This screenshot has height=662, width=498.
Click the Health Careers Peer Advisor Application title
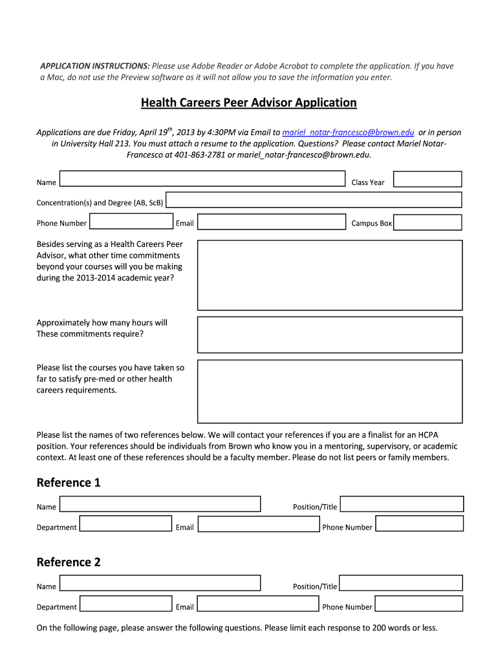[x=249, y=103]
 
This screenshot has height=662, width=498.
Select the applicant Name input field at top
[x=202, y=179]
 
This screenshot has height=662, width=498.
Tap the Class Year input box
[x=428, y=179]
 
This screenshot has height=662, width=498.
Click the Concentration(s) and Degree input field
[x=314, y=200]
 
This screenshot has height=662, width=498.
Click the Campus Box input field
[x=428, y=222]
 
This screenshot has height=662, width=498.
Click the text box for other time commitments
[x=330, y=275]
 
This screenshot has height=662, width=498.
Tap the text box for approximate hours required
[x=330, y=334]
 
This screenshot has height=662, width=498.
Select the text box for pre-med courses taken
[x=330, y=391]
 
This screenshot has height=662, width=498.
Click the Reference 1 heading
[x=69, y=483]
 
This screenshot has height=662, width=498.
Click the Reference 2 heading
[x=69, y=562]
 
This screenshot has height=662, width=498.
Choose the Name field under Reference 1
[x=160, y=504]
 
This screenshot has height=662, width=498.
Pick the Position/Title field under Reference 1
[x=401, y=504]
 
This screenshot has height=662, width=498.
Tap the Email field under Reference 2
[x=258, y=604]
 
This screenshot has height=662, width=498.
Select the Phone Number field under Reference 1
[x=419, y=524]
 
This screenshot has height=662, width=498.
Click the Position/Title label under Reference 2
[x=315, y=586]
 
